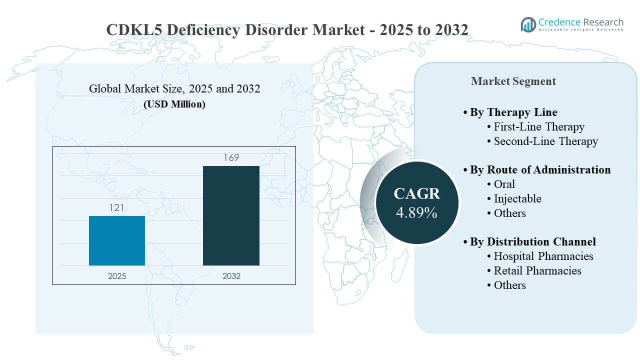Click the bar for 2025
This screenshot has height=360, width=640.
click(117, 240)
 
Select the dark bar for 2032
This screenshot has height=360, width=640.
click(231, 215)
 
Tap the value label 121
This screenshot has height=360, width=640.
click(117, 207)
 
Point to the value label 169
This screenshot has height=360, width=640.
click(231, 158)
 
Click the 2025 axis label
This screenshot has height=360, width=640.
click(117, 276)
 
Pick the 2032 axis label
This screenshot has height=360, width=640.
click(231, 276)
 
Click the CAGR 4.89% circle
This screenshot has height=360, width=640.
click(416, 202)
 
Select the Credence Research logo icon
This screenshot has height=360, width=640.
click(528, 24)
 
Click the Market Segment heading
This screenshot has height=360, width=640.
click(513, 81)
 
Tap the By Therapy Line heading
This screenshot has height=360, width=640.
click(513, 112)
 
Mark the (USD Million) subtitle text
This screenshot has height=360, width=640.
click(174, 104)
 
